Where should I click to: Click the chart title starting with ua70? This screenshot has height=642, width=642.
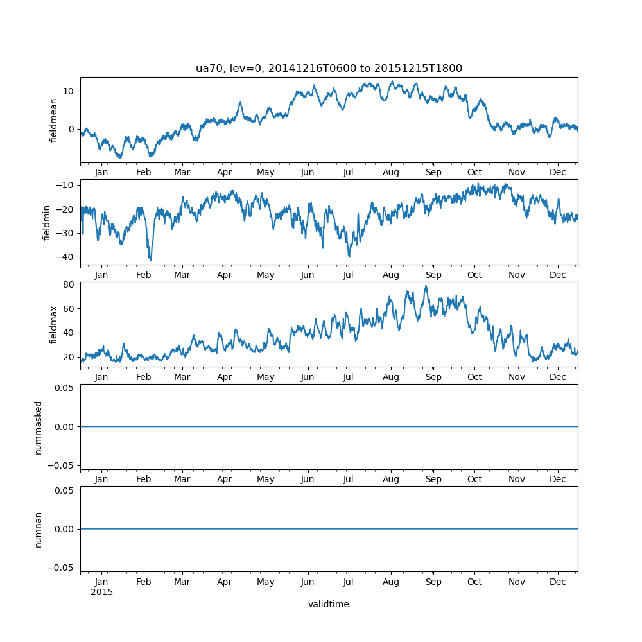(x=329, y=69)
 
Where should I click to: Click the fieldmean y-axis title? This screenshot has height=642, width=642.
(x=54, y=120)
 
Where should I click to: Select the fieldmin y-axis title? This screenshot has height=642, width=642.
(x=46, y=222)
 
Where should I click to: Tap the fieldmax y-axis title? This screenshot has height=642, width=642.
(x=54, y=324)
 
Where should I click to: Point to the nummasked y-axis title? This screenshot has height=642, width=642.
(x=39, y=427)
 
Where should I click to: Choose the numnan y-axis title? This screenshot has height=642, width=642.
(x=39, y=529)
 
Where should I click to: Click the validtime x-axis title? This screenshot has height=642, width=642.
(x=329, y=604)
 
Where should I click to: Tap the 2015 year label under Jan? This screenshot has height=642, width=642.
(x=101, y=592)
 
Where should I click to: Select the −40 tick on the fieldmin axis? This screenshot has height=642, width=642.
(x=67, y=256)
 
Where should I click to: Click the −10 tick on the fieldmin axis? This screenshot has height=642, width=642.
(x=67, y=185)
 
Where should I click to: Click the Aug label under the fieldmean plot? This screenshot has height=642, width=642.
(x=391, y=173)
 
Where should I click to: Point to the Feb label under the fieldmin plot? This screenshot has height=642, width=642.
(x=144, y=275)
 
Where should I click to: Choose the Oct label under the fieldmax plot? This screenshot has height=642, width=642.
(x=474, y=377)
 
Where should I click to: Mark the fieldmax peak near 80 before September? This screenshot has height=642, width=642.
(x=426, y=286)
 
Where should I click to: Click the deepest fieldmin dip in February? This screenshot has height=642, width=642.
(x=150, y=259)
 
